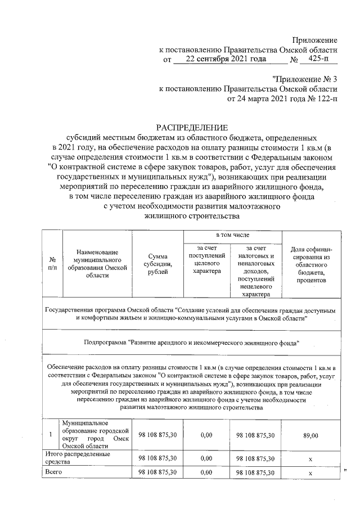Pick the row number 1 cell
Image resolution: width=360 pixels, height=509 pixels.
point(51,435)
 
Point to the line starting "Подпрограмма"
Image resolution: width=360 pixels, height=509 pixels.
point(191,342)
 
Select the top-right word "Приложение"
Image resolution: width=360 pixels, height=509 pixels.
point(314,40)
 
